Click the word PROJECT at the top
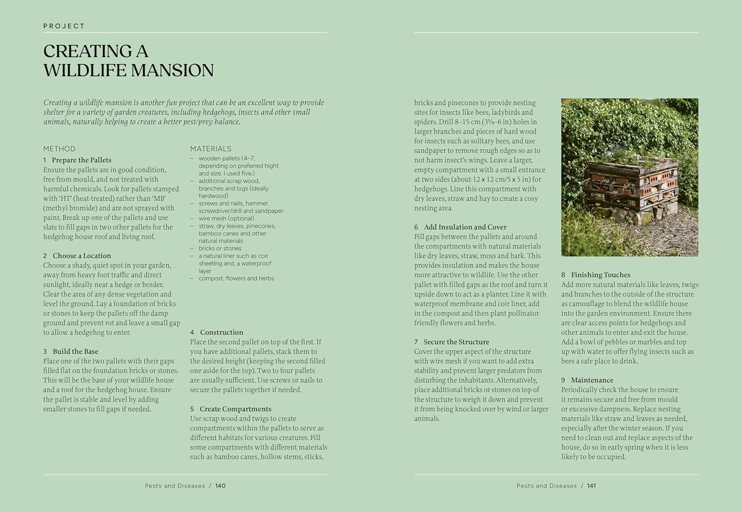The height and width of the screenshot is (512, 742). pyautogui.click(x=64, y=26)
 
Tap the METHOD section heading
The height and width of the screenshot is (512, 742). pyautogui.click(x=59, y=148)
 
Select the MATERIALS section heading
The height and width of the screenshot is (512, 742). pyautogui.click(x=211, y=148)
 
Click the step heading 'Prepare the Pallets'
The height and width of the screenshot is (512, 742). pyautogui.click(x=82, y=160)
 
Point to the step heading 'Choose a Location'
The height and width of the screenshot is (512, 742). pyautogui.click(x=82, y=256)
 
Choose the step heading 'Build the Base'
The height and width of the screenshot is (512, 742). pyautogui.click(x=75, y=351)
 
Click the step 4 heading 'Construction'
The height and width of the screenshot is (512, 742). pyautogui.click(x=221, y=332)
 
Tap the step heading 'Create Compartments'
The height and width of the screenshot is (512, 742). pyautogui.click(x=235, y=409)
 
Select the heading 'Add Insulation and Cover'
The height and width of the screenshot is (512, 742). pyautogui.click(x=465, y=227)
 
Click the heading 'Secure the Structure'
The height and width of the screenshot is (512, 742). pyautogui.click(x=456, y=342)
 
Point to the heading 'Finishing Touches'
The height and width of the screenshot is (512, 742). pyautogui.click(x=601, y=275)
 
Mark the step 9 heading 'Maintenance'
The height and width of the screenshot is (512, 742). pyautogui.click(x=592, y=380)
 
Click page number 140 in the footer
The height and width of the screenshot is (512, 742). pyautogui.click(x=221, y=486)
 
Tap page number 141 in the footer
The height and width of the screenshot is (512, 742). pyautogui.click(x=592, y=486)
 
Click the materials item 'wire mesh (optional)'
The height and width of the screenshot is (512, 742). pyautogui.click(x=226, y=218)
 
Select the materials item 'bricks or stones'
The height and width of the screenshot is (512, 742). pyautogui.click(x=220, y=248)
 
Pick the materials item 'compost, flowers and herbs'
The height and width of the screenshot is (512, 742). pyautogui.click(x=236, y=279)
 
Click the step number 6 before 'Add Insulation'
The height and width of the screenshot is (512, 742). pyautogui.click(x=417, y=227)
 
